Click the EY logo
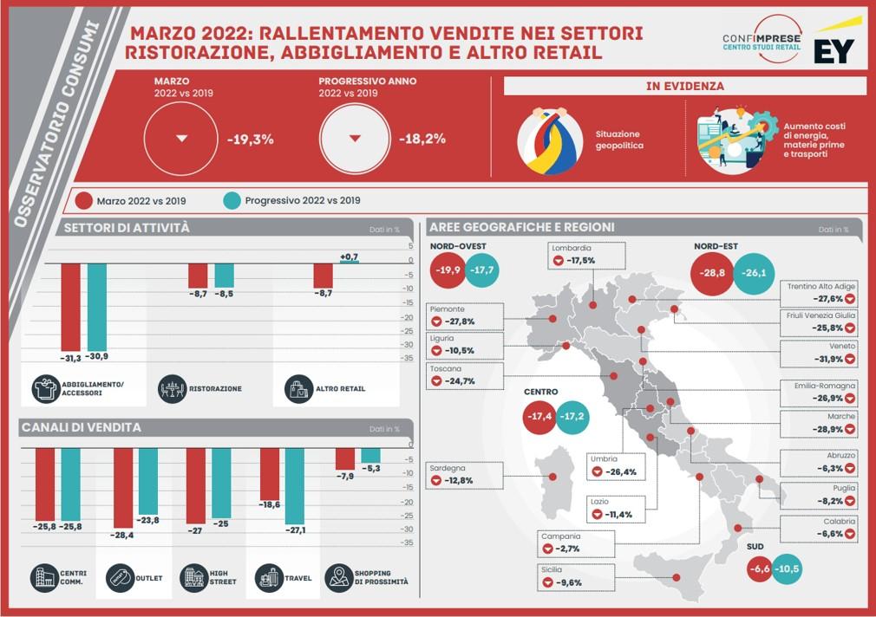(834, 48)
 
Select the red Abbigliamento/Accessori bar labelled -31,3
(70, 308)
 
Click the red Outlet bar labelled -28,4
(123, 488)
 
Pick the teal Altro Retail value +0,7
(349, 257)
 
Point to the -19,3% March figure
(251, 139)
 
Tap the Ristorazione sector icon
(172, 388)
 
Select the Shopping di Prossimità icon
(338, 578)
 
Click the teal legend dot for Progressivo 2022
(231, 200)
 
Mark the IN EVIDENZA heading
(685, 87)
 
